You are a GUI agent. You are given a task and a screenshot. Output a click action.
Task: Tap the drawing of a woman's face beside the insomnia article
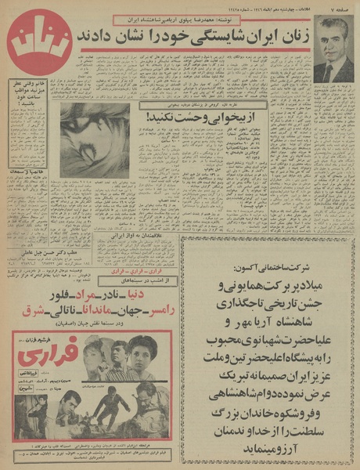click(x=95, y=140)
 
